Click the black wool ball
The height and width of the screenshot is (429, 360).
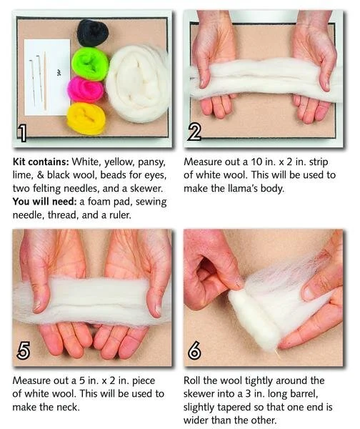click(x=92, y=33)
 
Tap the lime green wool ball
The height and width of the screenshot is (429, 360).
click(x=90, y=64)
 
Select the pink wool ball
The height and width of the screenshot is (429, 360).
click(x=86, y=89)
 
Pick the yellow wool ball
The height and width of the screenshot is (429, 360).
click(x=86, y=119)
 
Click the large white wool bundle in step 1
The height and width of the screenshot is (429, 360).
click(x=137, y=84)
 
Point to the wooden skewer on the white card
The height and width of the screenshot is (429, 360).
click(x=45, y=81)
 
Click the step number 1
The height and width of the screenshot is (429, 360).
click(x=22, y=133)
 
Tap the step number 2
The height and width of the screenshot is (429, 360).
click(x=194, y=132)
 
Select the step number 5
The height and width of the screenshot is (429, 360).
click(x=23, y=350)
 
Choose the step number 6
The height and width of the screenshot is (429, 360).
click(x=194, y=350)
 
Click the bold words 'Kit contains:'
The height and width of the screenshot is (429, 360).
click(x=41, y=162)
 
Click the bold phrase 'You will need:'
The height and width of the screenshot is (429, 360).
click(x=44, y=202)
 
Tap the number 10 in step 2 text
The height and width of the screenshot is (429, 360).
click(x=256, y=162)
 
